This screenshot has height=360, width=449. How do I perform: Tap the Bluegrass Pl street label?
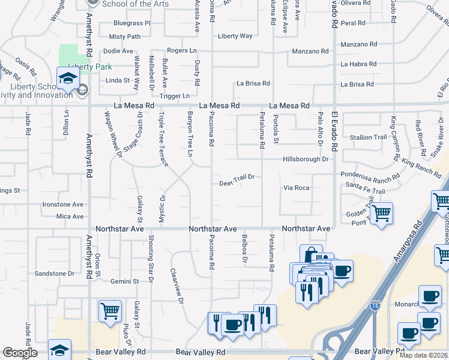point(131,23)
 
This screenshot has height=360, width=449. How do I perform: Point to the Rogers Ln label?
point(182,50)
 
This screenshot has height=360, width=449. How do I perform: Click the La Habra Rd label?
point(358,64)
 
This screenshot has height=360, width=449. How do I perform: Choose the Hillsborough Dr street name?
point(306,160)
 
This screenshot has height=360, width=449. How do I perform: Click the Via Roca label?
point(297,188)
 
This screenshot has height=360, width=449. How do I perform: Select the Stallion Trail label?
point(369,137)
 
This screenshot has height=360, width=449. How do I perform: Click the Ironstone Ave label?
point(62,205)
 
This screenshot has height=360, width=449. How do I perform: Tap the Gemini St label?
point(124,281)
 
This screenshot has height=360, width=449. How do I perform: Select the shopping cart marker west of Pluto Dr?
point(110,311)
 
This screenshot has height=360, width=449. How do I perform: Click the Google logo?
point(20,353)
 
